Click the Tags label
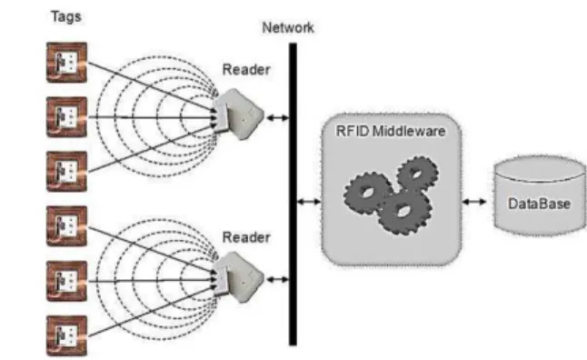[x=66, y=17]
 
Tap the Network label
[x=288, y=27]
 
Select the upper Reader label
[x=246, y=69]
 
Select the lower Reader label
[x=246, y=237]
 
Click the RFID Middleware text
[x=391, y=131]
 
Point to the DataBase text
[x=539, y=204]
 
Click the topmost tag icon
[x=66, y=63]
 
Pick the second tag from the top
[x=66, y=117]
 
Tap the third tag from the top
[x=66, y=172]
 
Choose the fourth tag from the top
[x=66, y=226]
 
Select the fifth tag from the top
[x=66, y=281]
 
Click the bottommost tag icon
[x=66, y=335]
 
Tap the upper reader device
[x=238, y=115]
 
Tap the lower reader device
[x=238, y=277]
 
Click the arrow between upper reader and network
[x=277, y=118]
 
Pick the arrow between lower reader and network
[x=277, y=279]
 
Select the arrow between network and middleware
[x=309, y=202]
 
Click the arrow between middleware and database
[x=474, y=202]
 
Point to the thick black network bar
[x=293, y=194]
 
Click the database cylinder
[x=540, y=196]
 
